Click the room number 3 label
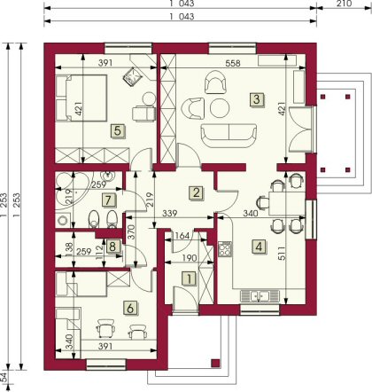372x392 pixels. [257, 99]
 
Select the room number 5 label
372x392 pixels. [118, 130]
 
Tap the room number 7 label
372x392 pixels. [108, 200]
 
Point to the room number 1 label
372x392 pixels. [190, 278]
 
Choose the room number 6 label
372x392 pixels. [130, 309]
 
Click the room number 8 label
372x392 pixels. [112, 246]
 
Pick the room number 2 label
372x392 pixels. [197, 192]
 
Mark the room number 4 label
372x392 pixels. [259, 247]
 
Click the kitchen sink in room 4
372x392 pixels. [260, 296]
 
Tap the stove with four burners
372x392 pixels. [225, 249]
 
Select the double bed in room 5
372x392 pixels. [81, 98]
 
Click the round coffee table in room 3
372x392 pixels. [220, 108]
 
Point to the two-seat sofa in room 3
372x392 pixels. [229, 136]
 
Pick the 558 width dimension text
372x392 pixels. [233, 63]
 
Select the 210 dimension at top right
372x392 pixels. [344, 4]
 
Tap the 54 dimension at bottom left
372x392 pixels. [4, 377]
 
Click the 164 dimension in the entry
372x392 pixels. [182, 236]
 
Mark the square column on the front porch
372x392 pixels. [216, 363]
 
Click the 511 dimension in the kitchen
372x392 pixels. [282, 254]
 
